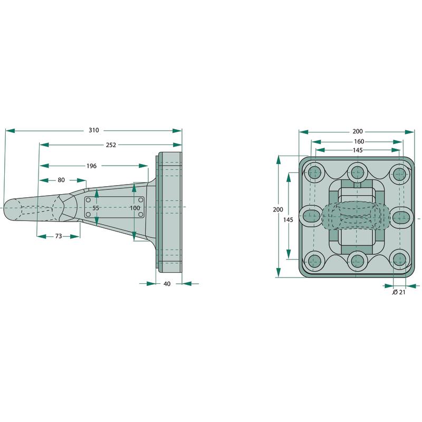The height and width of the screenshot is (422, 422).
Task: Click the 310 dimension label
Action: (x=94, y=130)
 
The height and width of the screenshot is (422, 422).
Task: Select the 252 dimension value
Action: (x=111, y=145)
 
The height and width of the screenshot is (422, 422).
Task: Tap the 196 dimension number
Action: (x=91, y=166)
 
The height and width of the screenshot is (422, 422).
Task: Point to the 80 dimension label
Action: (x=61, y=180)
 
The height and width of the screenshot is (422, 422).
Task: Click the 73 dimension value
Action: (x=59, y=236)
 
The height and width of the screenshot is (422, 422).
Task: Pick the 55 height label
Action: (x=95, y=208)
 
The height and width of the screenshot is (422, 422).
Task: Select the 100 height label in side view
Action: (x=135, y=208)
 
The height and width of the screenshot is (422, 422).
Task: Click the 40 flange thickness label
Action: (x=167, y=284)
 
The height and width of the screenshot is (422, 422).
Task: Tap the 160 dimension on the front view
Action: (x=359, y=141)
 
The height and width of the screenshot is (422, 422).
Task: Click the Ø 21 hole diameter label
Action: (x=399, y=292)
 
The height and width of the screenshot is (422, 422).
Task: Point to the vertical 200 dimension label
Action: (x=278, y=209)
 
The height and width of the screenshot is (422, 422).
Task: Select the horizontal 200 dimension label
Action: (x=358, y=131)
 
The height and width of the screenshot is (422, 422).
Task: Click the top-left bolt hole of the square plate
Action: (x=314, y=173)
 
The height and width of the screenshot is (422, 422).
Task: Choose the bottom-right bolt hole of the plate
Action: (x=399, y=260)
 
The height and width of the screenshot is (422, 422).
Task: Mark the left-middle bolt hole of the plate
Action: (x=311, y=216)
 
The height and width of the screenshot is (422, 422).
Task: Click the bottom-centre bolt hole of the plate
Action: (x=357, y=260)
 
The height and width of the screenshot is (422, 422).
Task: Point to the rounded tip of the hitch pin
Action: (x=4, y=208)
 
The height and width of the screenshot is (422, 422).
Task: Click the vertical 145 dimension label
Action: (x=288, y=220)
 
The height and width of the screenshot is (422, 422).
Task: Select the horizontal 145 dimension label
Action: (x=358, y=150)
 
